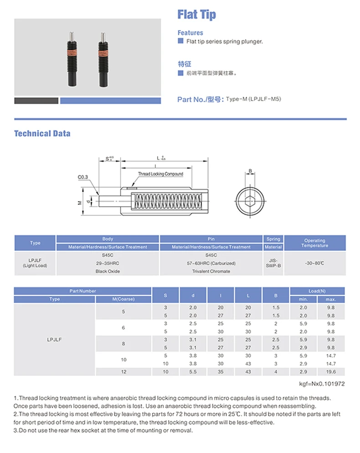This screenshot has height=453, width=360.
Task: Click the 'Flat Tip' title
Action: tap(196, 15)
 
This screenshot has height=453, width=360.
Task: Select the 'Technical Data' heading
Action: tap(42, 134)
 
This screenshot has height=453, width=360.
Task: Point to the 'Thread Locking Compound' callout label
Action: tap(161, 174)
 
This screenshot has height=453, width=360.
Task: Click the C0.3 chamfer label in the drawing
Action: tap(83, 177)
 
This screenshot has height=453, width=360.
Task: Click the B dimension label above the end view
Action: tap(250, 172)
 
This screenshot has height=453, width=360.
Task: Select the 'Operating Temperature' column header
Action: tap(314, 243)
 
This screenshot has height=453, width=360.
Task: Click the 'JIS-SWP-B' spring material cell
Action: tap(273, 263)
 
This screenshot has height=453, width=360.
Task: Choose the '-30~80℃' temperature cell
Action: tap(314, 263)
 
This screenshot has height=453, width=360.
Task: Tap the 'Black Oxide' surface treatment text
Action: tap(108, 271)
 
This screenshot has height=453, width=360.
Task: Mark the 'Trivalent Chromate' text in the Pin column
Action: tap(211, 271)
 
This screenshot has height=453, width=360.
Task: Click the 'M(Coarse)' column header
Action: tap(123, 299)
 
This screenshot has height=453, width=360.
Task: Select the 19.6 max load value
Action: tap(331, 372)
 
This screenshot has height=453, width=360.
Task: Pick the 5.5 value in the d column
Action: tap(193, 372)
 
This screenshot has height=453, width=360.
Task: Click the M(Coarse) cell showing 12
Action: tap(123, 372)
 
